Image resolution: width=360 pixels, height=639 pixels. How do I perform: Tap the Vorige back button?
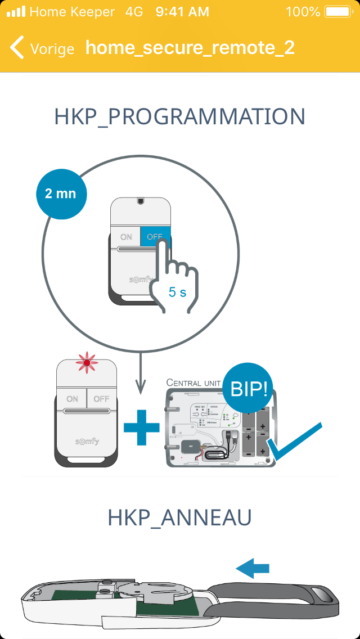pos(42,48)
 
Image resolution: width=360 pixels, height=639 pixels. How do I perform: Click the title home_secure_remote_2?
pos(190,47)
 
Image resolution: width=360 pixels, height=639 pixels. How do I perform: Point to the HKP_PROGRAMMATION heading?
pos(180,117)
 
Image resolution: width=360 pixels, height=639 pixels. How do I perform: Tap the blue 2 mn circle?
pos(60,193)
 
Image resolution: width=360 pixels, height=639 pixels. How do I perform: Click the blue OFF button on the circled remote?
pos(155,237)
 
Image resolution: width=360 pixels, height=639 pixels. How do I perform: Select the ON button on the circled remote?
pos(125,237)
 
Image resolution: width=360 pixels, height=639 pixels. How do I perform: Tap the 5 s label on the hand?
pos(177,292)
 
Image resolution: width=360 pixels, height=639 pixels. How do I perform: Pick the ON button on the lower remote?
pos(72,399)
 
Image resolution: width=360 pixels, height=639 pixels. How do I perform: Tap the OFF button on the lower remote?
pos(101,399)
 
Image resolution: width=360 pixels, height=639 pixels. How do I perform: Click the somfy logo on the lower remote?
pos(87,441)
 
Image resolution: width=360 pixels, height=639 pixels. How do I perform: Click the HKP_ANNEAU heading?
pos(180,518)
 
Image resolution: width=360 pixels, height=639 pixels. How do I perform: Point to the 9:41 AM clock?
pos(182,11)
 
